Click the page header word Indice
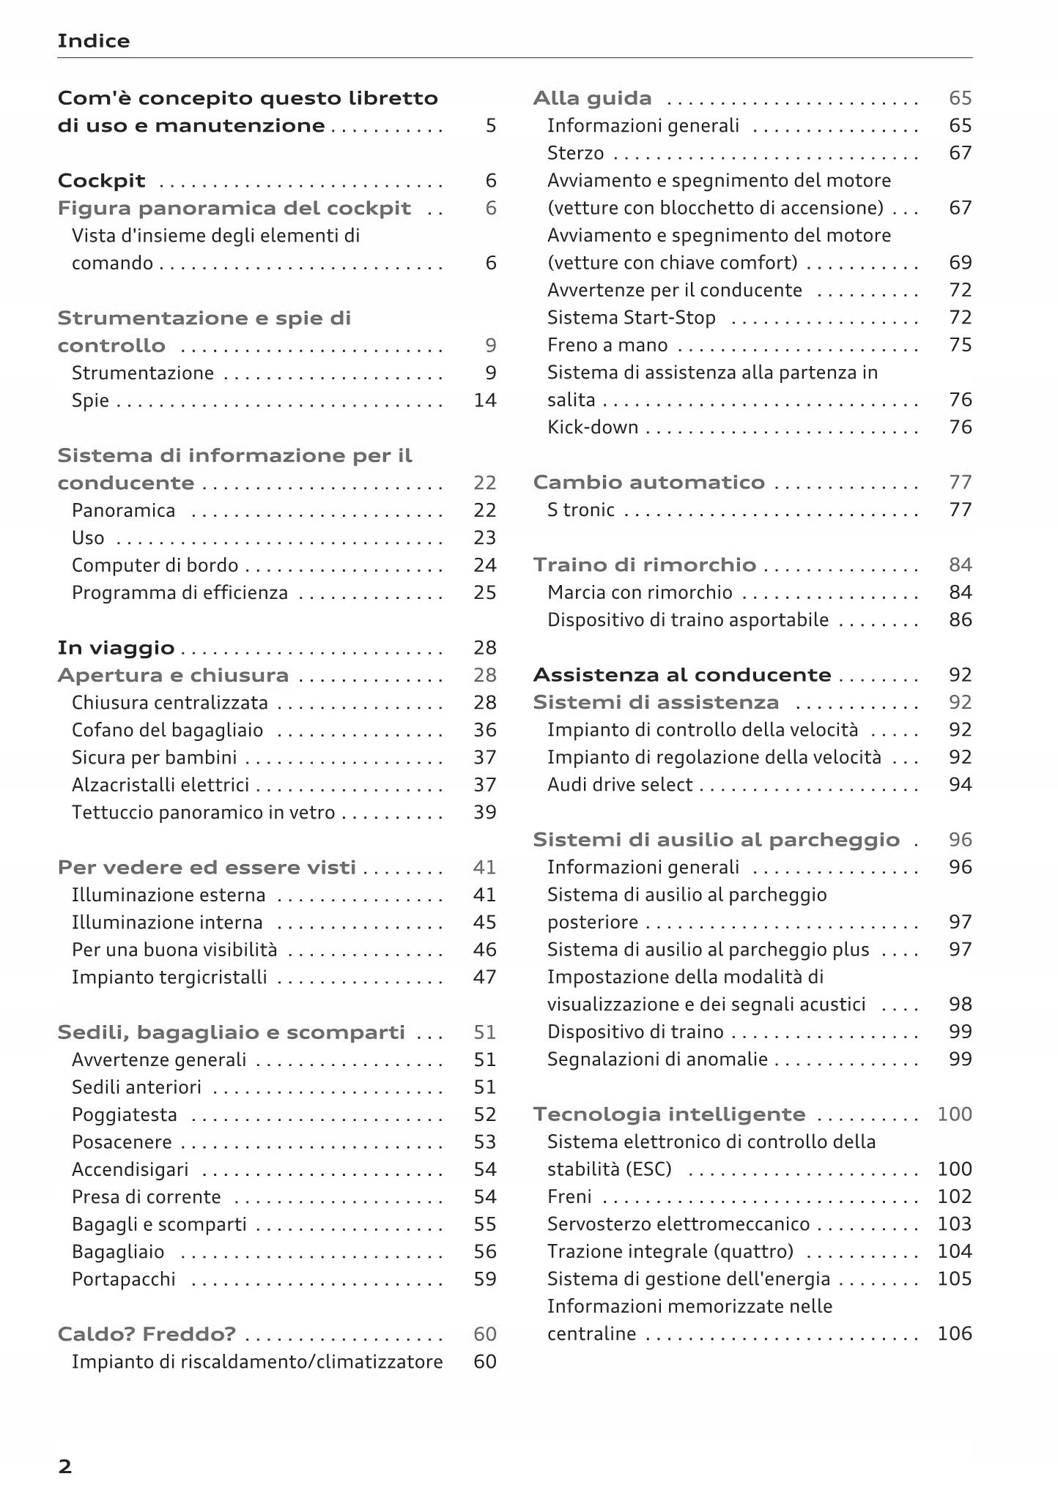click(x=93, y=41)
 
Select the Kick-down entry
click(x=593, y=428)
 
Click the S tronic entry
click(x=580, y=510)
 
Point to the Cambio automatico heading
click(x=648, y=483)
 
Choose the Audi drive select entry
click(x=619, y=785)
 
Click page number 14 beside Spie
click(x=485, y=401)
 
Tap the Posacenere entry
click(x=122, y=1142)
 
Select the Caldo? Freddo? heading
click(x=147, y=1334)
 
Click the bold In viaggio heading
click(x=116, y=648)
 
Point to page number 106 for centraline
click(x=955, y=1333)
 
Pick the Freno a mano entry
click(x=607, y=345)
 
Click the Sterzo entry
click(x=575, y=153)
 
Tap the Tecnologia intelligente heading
click(x=669, y=1114)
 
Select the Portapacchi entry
click(x=124, y=1279)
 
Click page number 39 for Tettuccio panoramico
click(x=485, y=813)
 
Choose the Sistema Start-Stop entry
click(x=631, y=318)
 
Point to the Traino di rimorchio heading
click(x=644, y=565)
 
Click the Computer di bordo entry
click(x=155, y=565)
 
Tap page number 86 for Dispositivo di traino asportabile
click(x=960, y=620)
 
